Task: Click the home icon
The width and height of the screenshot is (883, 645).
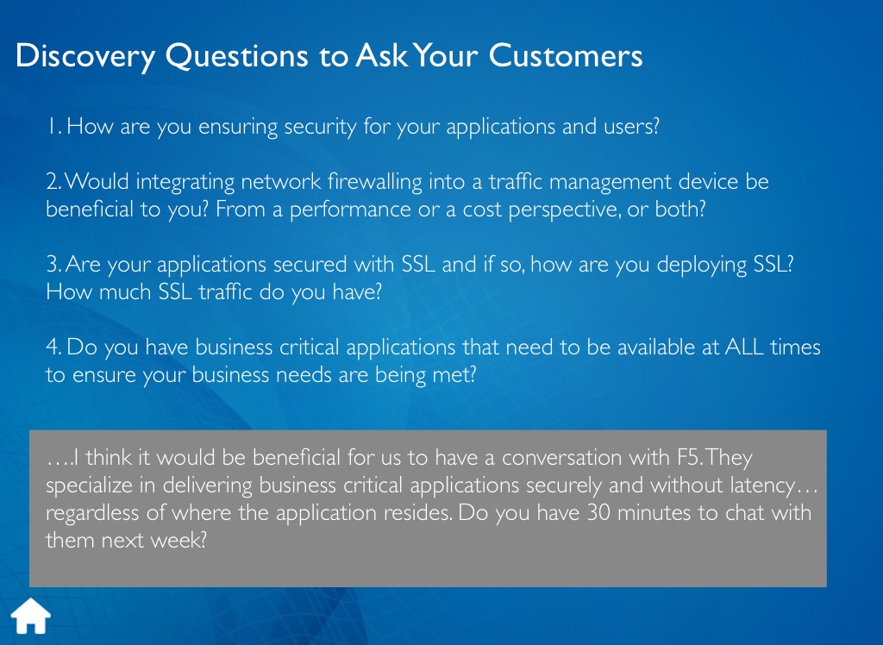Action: tap(31, 617)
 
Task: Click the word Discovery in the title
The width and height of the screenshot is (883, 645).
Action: tap(85, 57)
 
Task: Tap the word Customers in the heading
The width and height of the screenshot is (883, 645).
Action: tap(566, 56)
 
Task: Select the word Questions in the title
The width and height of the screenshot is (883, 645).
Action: tap(236, 56)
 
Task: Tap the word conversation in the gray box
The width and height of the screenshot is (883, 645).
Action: tap(562, 457)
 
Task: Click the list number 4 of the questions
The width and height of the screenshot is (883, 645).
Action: tap(53, 347)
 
